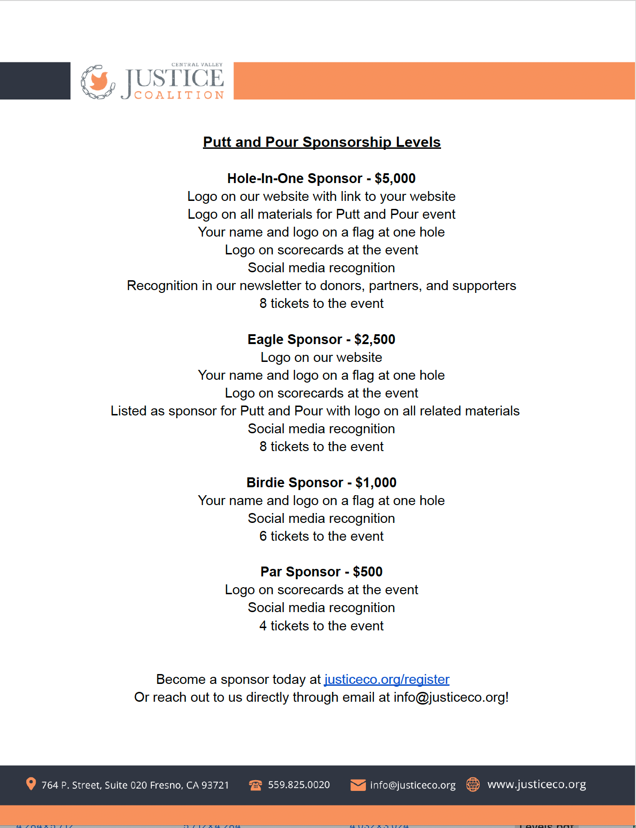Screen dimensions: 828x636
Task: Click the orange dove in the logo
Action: (99, 80)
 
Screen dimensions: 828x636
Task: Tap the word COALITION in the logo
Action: (179, 95)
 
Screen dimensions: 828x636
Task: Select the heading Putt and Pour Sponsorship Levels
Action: (322, 142)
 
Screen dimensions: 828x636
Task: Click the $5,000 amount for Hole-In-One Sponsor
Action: (395, 178)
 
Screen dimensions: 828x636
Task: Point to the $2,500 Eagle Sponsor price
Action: (375, 339)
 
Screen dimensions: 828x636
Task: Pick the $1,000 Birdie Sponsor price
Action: (376, 483)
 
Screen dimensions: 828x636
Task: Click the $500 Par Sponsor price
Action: (368, 572)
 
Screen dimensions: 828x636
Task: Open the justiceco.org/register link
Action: (387, 679)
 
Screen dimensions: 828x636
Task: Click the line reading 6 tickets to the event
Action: (321, 536)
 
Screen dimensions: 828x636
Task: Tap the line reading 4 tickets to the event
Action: (321, 626)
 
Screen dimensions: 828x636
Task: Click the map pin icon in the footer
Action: (31, 784)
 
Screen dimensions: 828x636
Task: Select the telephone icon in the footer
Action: (256, 785)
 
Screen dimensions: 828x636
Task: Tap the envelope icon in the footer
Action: (358, 785)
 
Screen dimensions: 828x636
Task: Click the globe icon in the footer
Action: (473, 784)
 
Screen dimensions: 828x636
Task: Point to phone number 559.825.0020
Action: (299, 785)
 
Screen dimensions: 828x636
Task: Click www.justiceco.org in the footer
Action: (536, 784)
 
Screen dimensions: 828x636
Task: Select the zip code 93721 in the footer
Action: (215, 785)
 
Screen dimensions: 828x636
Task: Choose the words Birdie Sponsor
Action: (295, 483)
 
